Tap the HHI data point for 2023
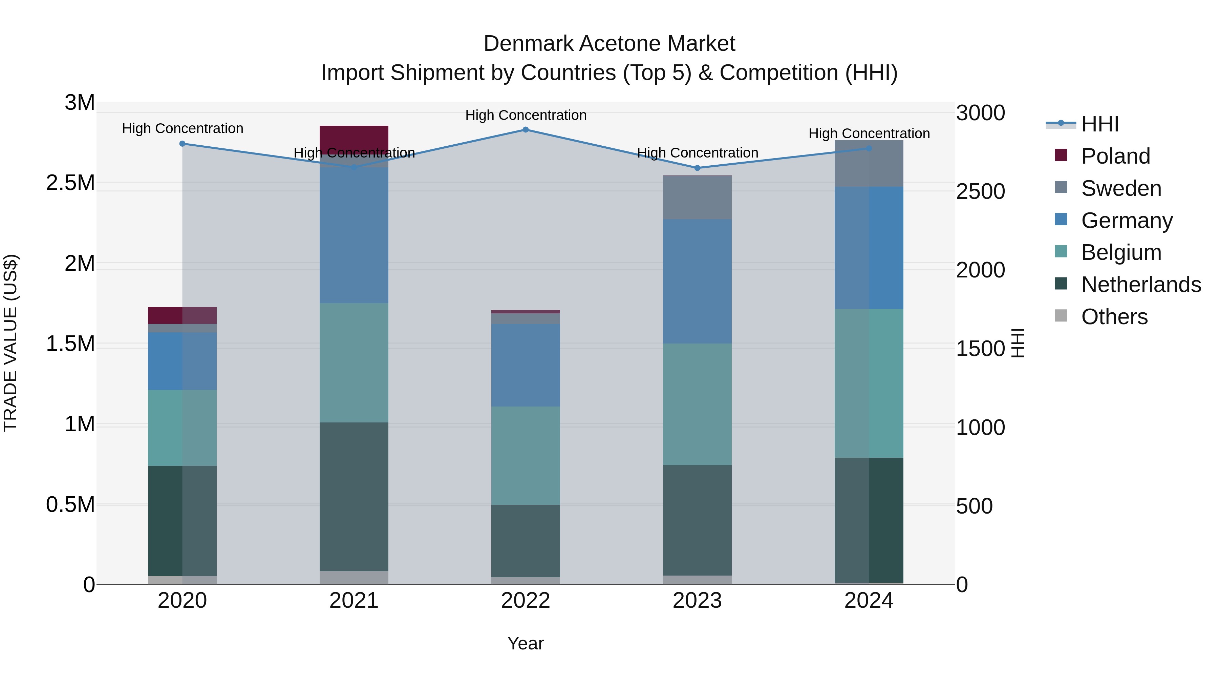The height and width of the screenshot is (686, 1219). (x=697, y=168)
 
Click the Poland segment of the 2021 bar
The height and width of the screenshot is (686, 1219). (x=354, y=137)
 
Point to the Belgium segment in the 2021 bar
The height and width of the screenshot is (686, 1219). (x=354, y=362)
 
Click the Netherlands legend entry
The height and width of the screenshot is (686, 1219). (x=1140, y=285)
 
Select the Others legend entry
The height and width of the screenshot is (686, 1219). (x=1114, y=317)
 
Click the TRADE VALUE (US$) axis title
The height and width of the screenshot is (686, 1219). (x=11, y=343)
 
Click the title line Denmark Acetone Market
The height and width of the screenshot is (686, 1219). (x=609, y=44)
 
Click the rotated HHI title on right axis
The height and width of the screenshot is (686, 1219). (x=1018, y=343)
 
